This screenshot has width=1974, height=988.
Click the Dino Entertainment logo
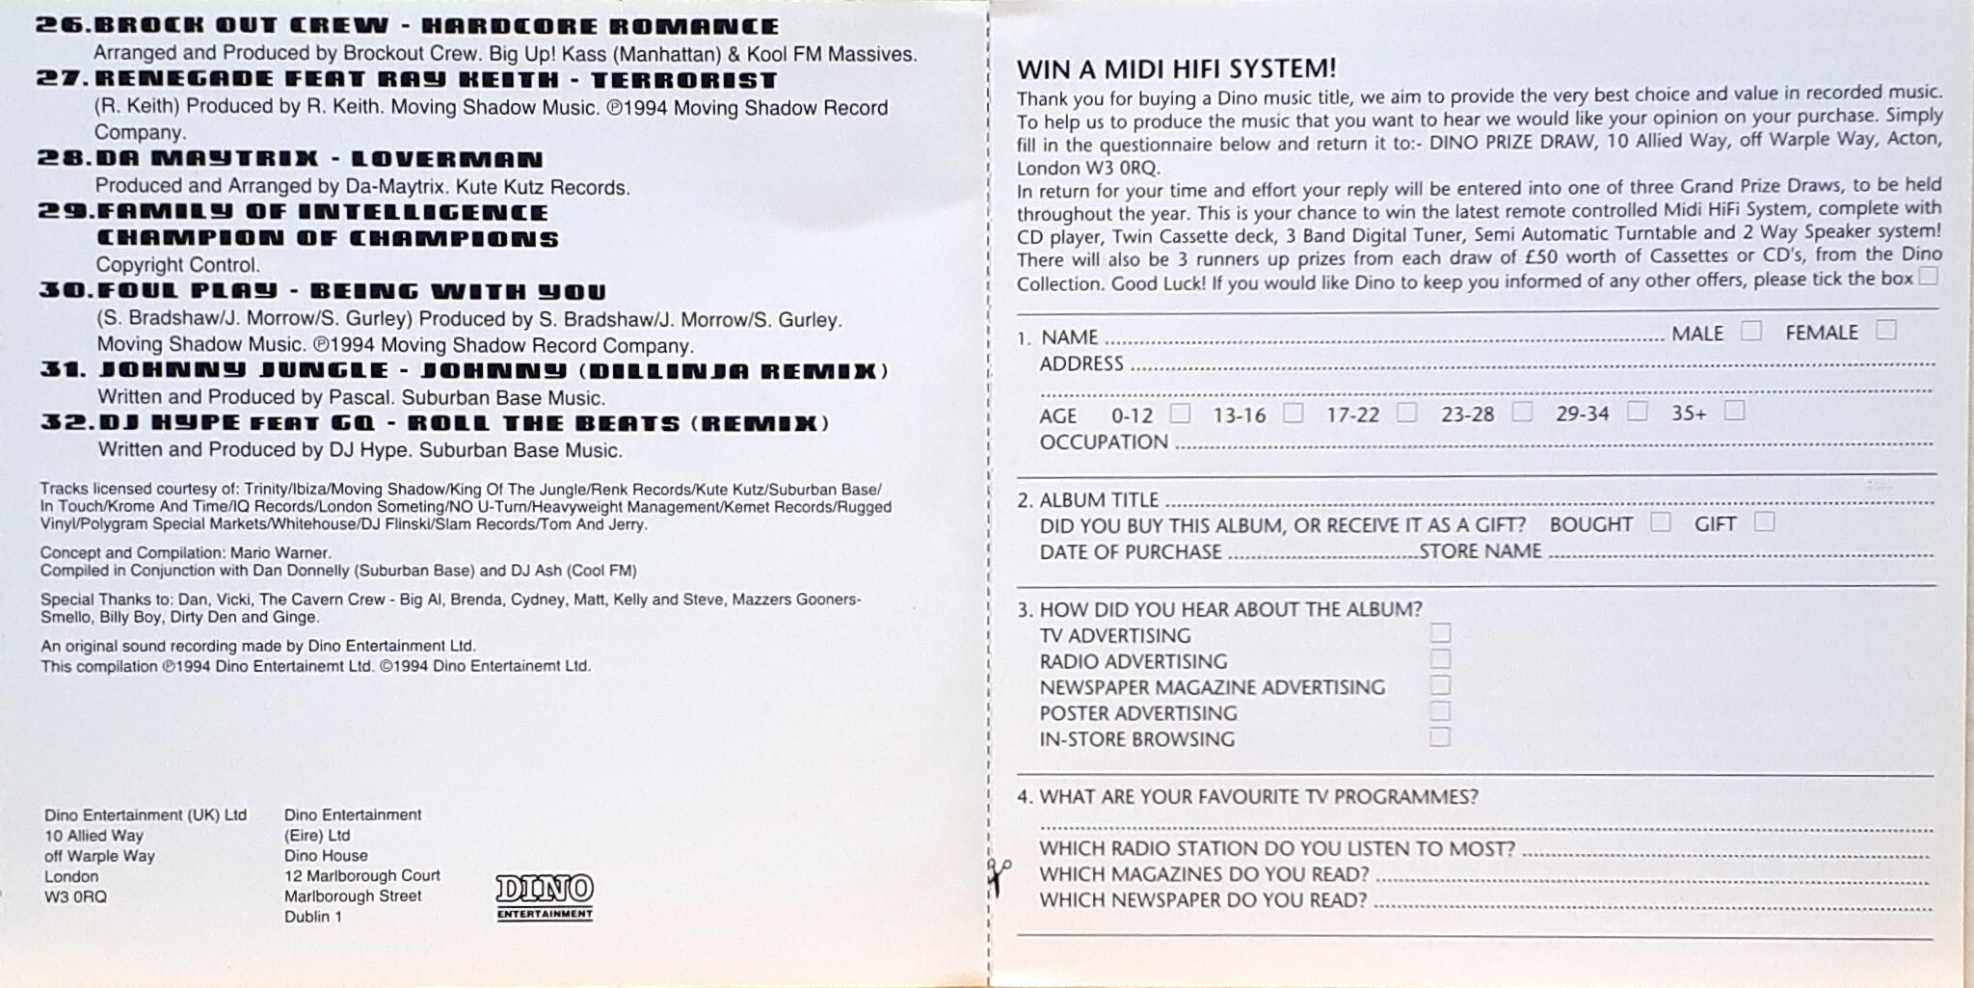[x=545, y=897]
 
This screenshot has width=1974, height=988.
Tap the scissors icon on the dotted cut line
[x=998, y=876]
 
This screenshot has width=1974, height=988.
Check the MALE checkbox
[x=1751, y=331]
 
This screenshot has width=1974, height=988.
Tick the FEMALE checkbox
[x=1886, y=330]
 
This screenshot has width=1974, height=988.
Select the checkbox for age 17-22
[x=1407, y=413]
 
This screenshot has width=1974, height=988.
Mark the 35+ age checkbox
[x=1734, y=411]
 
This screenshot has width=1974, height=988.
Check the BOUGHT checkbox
[x=1660, y=522]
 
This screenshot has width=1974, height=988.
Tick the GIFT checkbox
[x=1764, y=521]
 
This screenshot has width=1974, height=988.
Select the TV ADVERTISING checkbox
[x=1440, y=632]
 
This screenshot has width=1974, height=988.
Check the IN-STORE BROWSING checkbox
[x=1440, y=736]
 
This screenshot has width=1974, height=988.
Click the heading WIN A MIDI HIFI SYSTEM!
[x=1177, y=69]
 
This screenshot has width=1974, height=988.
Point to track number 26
[x=64, y=26]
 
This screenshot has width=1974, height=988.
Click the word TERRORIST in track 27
[x=683, y=80]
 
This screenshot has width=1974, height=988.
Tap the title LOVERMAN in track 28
[x=446, y=159]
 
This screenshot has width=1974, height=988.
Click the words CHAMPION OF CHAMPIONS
[x=328, y=238]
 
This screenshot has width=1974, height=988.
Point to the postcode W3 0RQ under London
[x=75, y=896]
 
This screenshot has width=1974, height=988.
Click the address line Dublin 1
[x=313, y=917]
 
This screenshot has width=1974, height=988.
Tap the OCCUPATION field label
[x=1103, y=442]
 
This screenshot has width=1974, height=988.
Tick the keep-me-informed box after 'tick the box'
[x=1927, y=277]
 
